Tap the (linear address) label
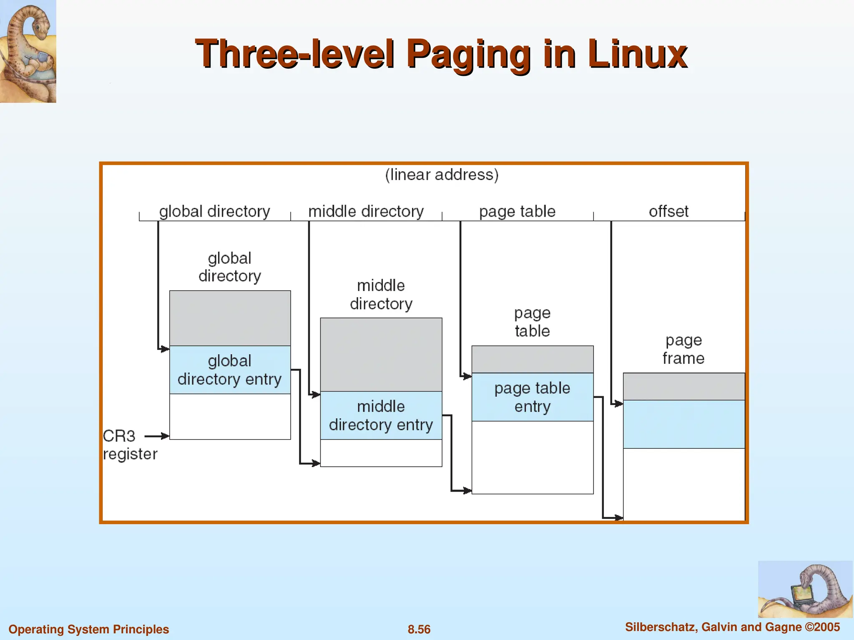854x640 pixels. point(442,175)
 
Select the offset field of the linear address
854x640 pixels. point(668,212)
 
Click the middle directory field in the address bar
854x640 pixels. point(366,212)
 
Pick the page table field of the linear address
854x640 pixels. point(517,212)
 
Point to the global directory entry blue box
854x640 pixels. point(230,370)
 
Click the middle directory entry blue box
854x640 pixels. point(381,415)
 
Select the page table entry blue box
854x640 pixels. point(532,397)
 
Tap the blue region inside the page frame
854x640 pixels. point(684,424)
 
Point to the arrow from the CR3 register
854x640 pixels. point(156,436)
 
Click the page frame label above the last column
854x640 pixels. point(683,349)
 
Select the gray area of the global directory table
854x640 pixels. point(230,318)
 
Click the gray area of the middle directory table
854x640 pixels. point(381,355)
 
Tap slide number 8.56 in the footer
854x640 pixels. point(419,629)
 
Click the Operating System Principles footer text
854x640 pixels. point(88,629)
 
